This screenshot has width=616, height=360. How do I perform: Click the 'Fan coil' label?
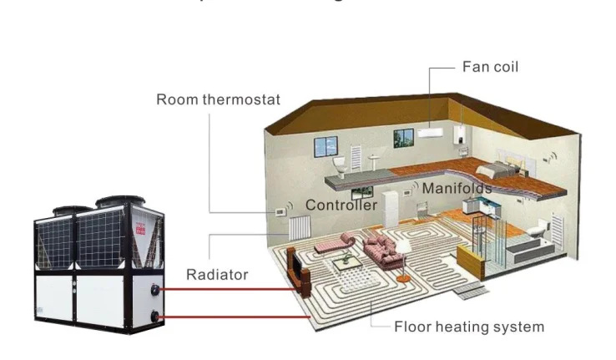coord(490,67)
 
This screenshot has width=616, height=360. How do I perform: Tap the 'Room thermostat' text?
coord(219,100)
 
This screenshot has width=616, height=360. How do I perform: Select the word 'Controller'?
coord(341,205)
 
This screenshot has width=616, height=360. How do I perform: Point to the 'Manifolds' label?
coord(456,189)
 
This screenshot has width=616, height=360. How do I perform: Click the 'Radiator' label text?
coord(217,274)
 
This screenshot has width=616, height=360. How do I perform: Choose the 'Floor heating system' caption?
coord(469,327)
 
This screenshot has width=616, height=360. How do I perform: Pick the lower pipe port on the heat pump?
coord(157,316)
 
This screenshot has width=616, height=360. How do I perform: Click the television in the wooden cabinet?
coord(295,265)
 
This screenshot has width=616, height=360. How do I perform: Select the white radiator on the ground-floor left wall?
coord(295,227)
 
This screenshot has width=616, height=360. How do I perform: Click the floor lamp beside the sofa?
coord(403,255)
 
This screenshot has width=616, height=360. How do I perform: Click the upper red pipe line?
coord(225,289)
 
